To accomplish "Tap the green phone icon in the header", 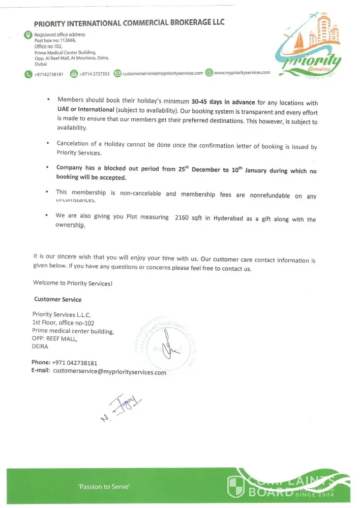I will (27, 74).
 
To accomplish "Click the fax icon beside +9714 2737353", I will (74, 74).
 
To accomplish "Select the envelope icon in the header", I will (117, 74).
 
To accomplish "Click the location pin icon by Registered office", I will (28, 35).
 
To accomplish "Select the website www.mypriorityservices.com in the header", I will (242, 73).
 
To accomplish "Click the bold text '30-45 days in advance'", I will (220, 101).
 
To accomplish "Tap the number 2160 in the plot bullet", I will (182, 217).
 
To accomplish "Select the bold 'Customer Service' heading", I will (57, 299).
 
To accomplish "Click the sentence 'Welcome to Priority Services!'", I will (72, 283).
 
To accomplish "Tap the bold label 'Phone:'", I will (41, 363).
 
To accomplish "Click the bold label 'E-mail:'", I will (41, 371).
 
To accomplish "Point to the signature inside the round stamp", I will (167, 345).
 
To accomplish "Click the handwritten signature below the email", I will (122, 407).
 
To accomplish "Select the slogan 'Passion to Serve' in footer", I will (104, 487).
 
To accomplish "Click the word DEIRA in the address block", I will (40, 346).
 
